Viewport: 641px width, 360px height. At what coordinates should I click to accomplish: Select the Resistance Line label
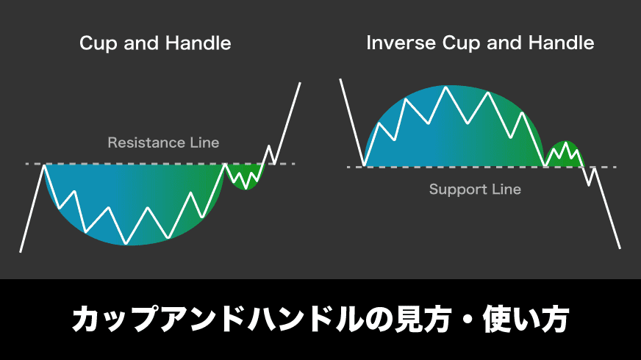click(x=163, y=143)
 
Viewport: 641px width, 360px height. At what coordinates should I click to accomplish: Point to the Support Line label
click(x=475, y=190)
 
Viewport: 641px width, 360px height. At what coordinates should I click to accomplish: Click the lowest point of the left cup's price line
click(x=126, y=244)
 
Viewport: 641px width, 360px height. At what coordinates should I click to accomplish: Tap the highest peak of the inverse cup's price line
click(x=446, y=87)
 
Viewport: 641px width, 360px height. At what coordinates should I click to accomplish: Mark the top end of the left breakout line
click(x=300, y=83)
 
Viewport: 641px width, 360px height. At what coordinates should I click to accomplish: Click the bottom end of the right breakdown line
click(x=620, y=248)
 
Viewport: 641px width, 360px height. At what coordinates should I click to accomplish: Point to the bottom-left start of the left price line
click(x=21, y=251)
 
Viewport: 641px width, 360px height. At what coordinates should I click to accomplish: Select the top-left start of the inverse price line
click(x=340, y=79)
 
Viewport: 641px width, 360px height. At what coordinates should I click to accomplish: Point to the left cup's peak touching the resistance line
click(x=44, y=165)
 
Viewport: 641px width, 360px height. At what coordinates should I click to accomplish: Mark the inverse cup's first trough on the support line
click(x=364, y=165)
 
